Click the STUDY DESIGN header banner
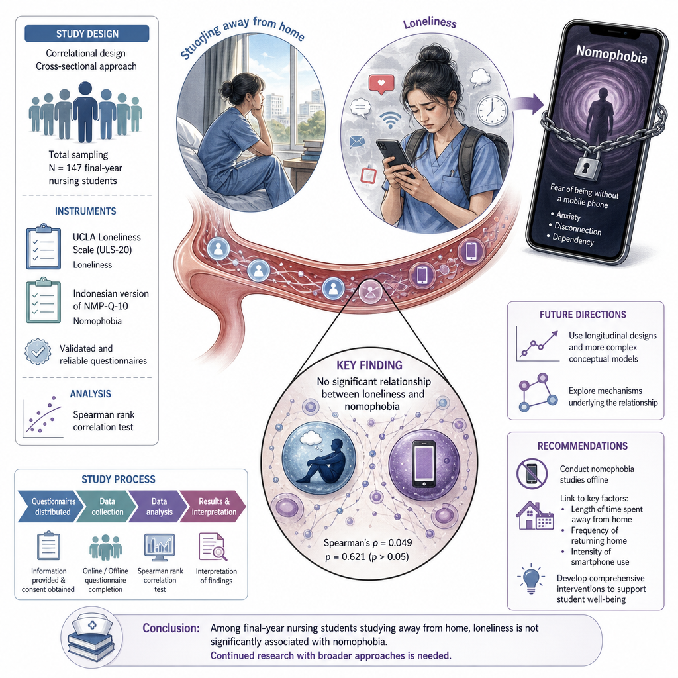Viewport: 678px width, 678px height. point(87,34)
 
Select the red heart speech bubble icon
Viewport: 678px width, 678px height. point(381,84)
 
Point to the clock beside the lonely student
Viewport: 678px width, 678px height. point(492,111)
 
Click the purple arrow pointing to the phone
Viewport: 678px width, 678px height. point(526,104)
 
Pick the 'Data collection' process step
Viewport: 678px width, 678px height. point(107,507)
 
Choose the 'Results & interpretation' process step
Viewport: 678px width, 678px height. point(213,507)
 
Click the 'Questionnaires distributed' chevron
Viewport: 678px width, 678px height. point(51,507)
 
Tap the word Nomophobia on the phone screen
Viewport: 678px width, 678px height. point(611,54)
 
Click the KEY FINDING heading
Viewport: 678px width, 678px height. point(369,365)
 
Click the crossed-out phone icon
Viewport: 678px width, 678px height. point(532,473)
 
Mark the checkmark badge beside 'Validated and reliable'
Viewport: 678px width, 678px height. point(38,352)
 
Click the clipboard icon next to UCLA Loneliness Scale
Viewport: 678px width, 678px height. point(43,247)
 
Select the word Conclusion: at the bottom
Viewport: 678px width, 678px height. point(171,628)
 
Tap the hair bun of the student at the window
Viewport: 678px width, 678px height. point(226,89)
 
